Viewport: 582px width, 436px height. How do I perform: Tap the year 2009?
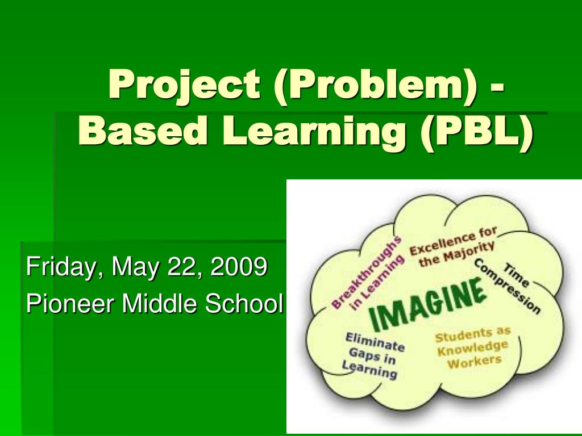coord(239,267)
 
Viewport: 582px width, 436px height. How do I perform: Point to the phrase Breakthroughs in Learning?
coord(369,273)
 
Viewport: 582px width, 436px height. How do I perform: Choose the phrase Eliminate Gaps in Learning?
coord(373,355)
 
